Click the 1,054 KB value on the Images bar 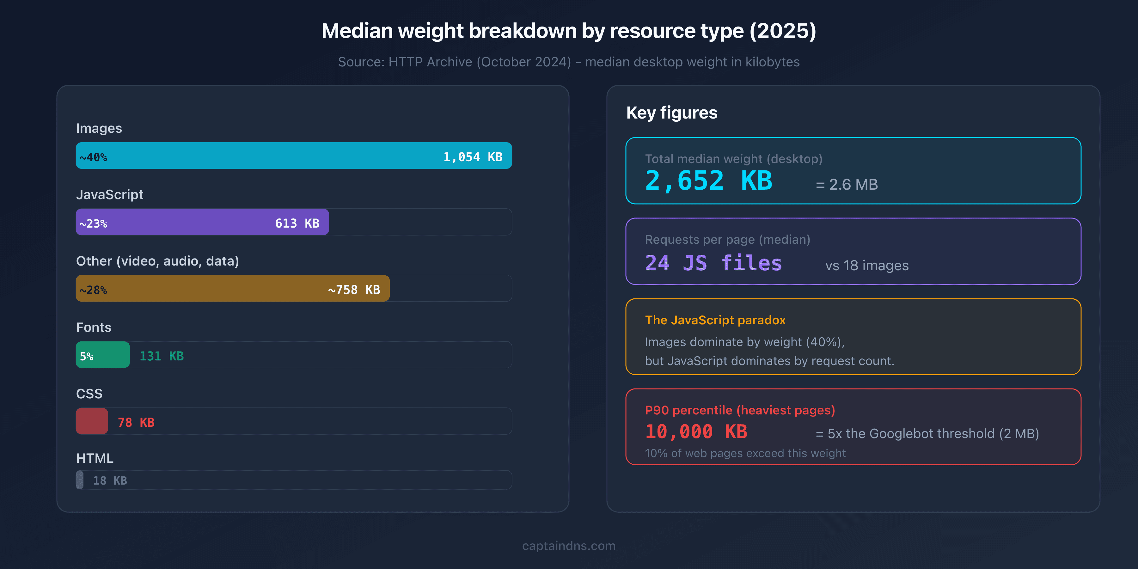473,157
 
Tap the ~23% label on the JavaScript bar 93,223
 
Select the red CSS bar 92,421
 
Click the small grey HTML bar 80,480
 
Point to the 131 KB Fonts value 162,356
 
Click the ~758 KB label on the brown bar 354,290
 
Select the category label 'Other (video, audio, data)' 157,261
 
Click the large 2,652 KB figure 709,181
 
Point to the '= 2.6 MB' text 847,185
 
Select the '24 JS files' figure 713,263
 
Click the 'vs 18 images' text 867,266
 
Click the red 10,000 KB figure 696,431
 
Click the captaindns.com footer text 569,546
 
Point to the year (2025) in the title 782,31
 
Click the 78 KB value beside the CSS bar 136,422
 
